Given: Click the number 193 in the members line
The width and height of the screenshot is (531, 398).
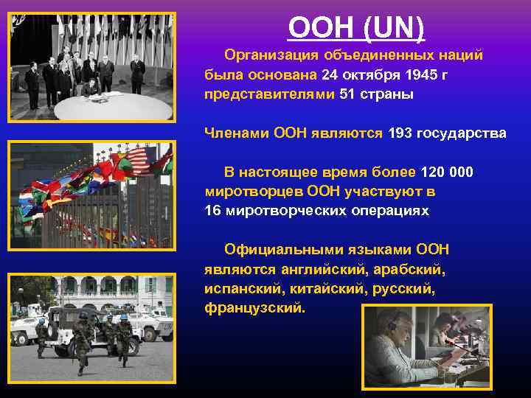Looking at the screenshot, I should pyautogui.click(x=400, y=133).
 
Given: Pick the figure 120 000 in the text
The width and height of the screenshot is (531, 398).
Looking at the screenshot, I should pyautogui.click(x=447, y=172).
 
